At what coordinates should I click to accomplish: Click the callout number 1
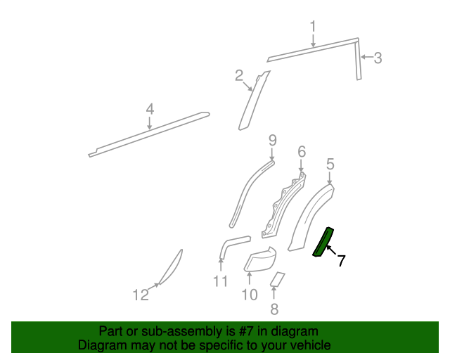tap(313, 27)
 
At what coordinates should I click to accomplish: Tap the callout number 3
tap(378, 58)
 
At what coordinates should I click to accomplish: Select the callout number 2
tap(239, 75)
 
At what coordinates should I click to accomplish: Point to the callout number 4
tap(149, 109)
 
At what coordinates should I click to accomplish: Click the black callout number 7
tap(341, 261)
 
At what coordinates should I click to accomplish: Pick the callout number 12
tap(141, 295)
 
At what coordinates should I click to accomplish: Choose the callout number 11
tap(221, 282)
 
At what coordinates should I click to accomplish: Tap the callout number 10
tap(250, 295)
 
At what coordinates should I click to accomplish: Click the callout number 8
tap(274, 308)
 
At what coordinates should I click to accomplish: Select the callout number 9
tap(273, 141)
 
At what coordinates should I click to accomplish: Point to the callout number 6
tap(301, 151)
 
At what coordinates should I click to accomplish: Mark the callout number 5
tap(330, 165)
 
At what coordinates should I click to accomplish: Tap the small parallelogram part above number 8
tap(277, 279)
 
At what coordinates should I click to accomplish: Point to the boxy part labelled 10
tap(260, 260)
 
